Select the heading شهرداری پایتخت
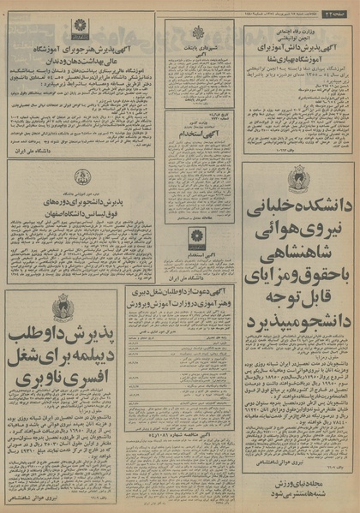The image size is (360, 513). (197, 47)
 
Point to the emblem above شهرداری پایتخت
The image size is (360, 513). (198, 33)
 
